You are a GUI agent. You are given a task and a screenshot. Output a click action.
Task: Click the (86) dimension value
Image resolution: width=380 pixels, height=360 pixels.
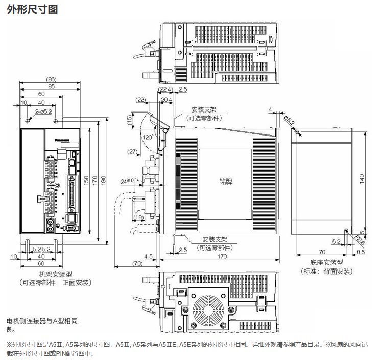[x=51, y=79]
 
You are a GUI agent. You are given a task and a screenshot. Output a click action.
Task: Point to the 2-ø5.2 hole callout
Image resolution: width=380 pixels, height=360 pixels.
[x=44, y=111]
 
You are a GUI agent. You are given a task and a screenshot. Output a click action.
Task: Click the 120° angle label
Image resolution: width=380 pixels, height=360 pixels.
[x=149, y=138]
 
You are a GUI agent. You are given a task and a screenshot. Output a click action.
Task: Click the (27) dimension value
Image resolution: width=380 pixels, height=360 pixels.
[x=132, y=151]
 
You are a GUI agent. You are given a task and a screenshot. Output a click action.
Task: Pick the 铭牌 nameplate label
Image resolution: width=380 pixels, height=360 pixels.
[x=225, y=182]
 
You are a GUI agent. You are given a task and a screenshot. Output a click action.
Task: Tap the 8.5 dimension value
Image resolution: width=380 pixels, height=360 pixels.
[x=360, y=252]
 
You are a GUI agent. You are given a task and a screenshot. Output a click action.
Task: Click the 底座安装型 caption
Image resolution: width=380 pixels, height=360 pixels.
[x=326, y=262]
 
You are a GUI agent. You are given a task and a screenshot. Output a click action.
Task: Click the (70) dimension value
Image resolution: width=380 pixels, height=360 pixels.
[x=137, y=263]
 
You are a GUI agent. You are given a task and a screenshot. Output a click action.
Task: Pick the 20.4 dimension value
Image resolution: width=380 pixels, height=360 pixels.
[x=166, y=99]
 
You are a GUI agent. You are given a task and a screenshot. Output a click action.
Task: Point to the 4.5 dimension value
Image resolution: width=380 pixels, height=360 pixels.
[x=149, y=256]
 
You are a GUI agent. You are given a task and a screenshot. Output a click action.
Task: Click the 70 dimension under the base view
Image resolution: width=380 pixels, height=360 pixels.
[x=322, y=252]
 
